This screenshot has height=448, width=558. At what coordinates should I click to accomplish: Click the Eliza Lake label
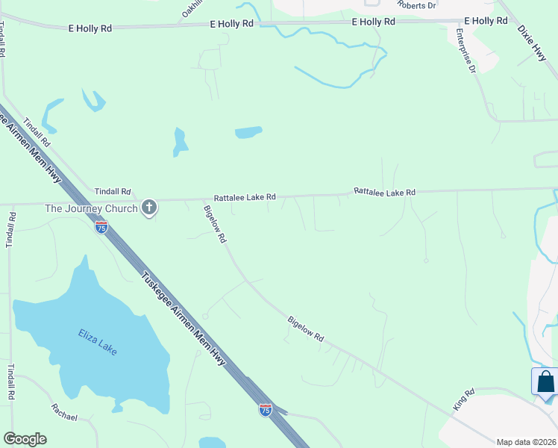tap(98, 342)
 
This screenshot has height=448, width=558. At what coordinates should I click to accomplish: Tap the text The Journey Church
tap(92, 208)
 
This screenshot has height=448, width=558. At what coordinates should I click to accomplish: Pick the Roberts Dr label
tap(417, 5)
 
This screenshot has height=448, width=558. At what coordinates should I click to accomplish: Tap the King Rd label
tap(463, 399)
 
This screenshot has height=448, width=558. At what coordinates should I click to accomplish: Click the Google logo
tap(25, 439)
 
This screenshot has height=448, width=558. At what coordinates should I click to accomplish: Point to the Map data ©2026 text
tap(526, 442)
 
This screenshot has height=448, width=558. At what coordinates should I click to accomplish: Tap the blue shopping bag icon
tap(546, 382)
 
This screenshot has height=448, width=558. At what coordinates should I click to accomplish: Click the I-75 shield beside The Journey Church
tap(101, 227)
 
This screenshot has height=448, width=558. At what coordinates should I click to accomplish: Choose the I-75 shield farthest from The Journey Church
tap(266, 409)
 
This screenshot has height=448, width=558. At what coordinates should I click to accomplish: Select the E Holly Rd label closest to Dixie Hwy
tap(490, 21)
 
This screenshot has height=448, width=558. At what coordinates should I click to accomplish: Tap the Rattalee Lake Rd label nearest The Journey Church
tap(245, 198)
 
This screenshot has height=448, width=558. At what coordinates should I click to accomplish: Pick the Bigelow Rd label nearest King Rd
tap(306, 329)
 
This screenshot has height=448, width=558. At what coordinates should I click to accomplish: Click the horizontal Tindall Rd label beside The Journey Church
tap(112, 192)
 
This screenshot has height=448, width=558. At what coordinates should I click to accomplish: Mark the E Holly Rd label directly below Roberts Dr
tap(374, 22)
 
